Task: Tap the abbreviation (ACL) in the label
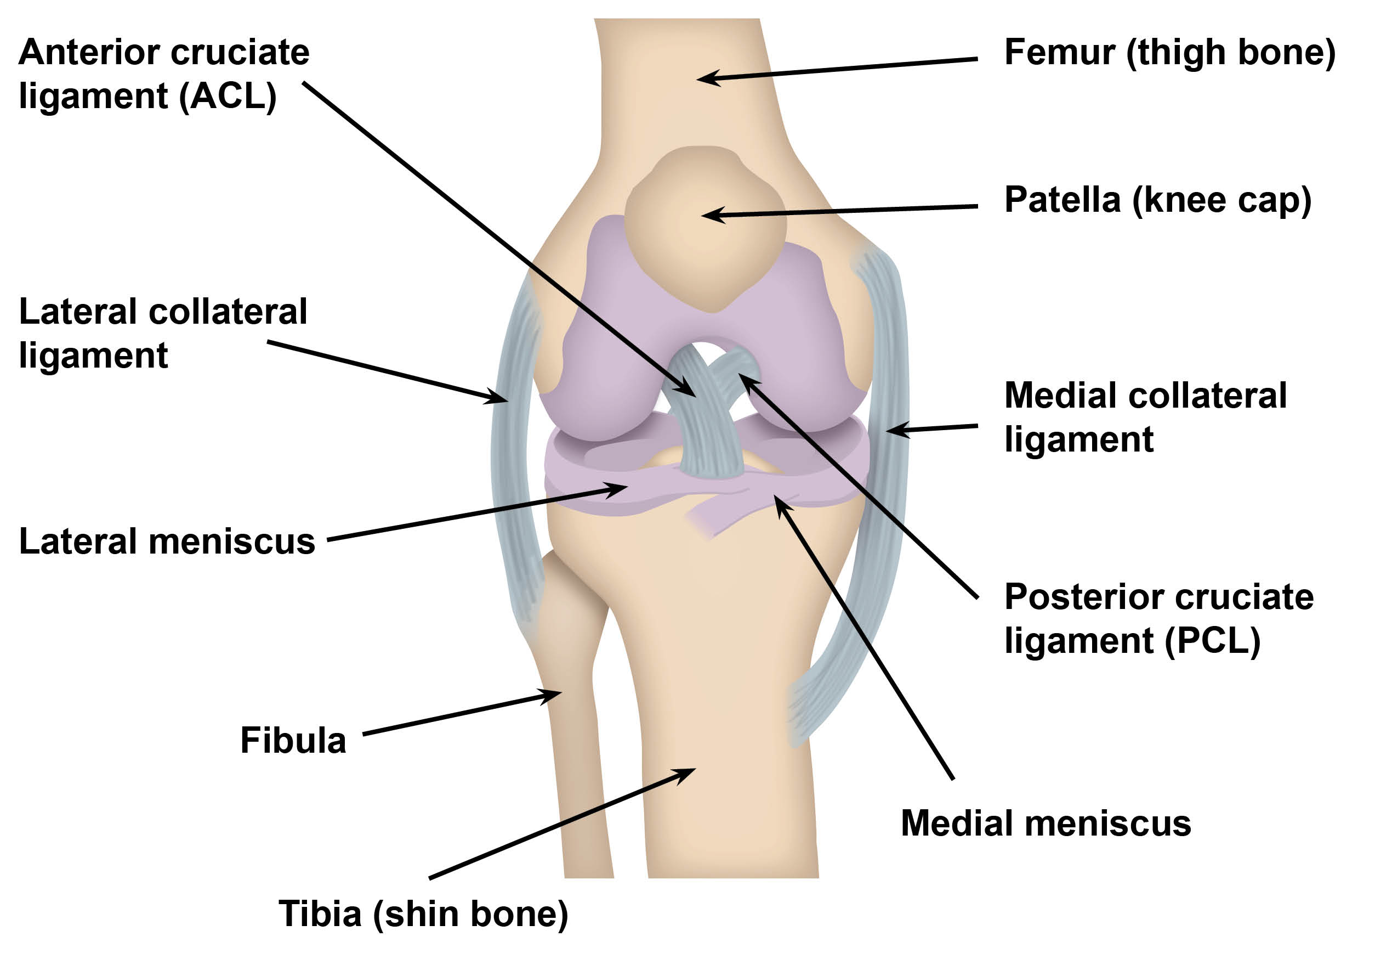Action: coord(228,97)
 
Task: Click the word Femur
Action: coord(1060,52)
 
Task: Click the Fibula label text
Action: coord(293,740)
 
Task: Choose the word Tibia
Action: coord(320,914)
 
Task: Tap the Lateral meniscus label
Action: coord(167,541)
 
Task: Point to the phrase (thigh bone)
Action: coord(1230,52)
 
